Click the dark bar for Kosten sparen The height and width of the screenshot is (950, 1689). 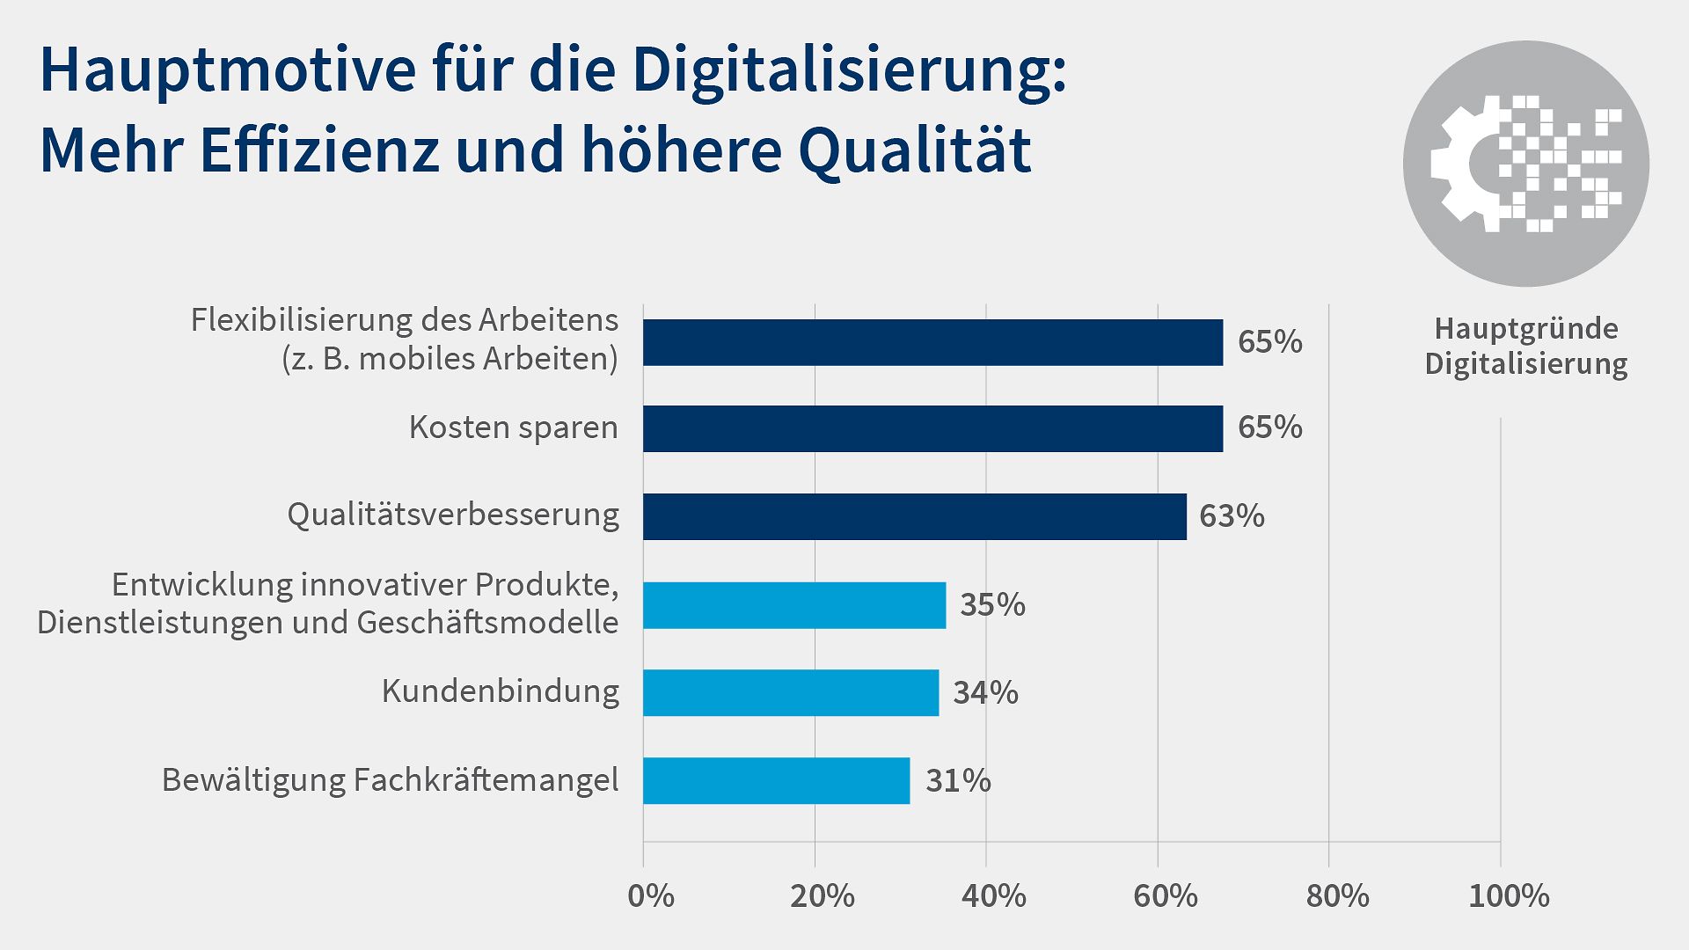pos(932,428)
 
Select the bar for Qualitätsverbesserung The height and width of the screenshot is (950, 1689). pos(915,516)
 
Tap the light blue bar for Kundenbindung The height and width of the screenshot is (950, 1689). pos(791,692)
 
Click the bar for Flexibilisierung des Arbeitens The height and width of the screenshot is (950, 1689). pos(932,342)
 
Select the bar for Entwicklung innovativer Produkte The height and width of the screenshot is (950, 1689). pos(794,605)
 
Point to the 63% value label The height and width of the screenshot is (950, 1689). pos(1232,516)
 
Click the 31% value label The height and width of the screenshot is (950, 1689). pos(958,781)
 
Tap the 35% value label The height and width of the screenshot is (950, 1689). pos(992,605)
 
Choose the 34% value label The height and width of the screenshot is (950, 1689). pos(985,693)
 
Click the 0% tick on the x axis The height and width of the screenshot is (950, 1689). pos(651,896)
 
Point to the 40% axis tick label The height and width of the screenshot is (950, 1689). pos(993,896)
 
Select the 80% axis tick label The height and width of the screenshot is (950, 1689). pos(1337,896)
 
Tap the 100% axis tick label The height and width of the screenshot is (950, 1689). pos(1509,896)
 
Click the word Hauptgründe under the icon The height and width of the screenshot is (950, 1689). pos(1526,329)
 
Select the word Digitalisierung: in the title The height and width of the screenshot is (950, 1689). pos(849,70)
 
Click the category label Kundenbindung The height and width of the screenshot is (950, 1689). pos(500,691)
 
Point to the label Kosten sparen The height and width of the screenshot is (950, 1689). pos(513,427)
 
